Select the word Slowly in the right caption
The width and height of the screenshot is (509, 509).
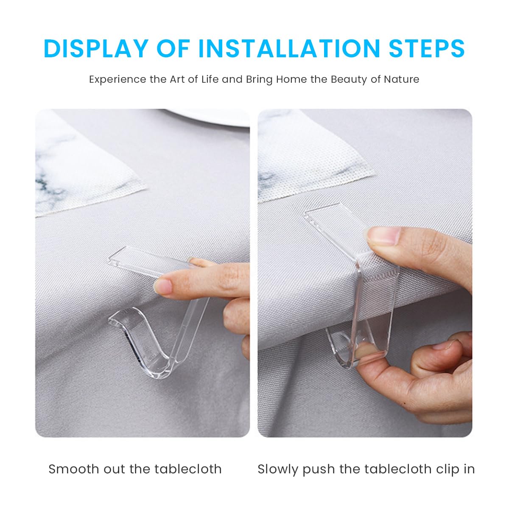point(278,469)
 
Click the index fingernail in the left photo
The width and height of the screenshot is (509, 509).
point(163,287)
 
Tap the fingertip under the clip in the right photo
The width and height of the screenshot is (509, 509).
point(365,352)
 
